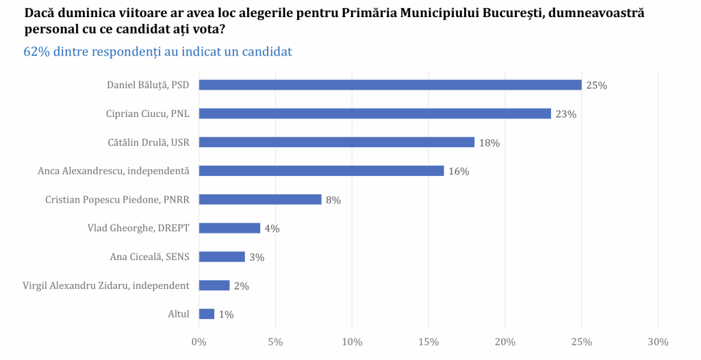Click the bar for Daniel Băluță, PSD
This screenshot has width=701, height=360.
(x=390, y=85)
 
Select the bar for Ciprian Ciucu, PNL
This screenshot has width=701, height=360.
(x=374, y=114)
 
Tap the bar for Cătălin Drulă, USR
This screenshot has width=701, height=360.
(x=336, y=142)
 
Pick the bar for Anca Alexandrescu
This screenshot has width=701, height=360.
(x=321, y=171)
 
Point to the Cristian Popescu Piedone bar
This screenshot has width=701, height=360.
(x=260, y=200)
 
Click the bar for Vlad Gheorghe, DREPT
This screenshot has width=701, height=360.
(x=229, y=228)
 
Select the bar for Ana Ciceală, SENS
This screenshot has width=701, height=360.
(x=222, y=257)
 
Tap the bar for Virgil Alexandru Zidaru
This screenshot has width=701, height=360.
(x=214, y=285)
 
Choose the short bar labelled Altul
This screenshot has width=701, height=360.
(x=207, y=314)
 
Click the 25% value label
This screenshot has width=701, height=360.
(x=596, y=86)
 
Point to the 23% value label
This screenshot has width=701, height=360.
(x=565, y=114)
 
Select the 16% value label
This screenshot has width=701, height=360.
(x=458, y=172)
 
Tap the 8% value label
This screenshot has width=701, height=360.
(x=333, y=201)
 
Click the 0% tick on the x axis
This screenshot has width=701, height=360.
(x=199, y=342)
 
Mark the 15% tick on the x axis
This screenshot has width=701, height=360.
(x=429, y=342)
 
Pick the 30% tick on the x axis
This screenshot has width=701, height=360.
(x=658, y=342)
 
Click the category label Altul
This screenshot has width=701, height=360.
(x=179, y=314)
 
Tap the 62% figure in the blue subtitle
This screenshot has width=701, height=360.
(x=36, y=52)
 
